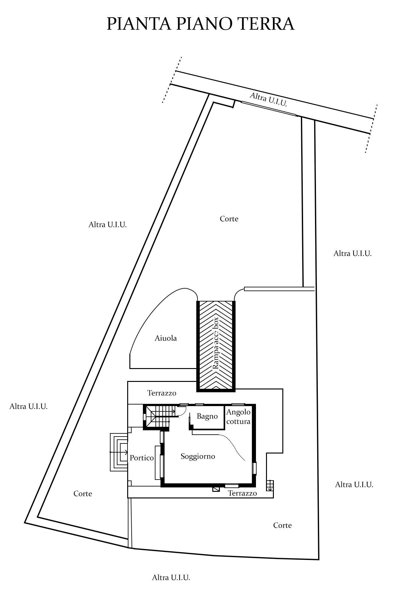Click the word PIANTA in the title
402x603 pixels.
[139, 24]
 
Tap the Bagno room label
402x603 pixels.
[207, 416]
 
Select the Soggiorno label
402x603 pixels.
[198, 456]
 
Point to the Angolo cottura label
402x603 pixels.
[238, 417]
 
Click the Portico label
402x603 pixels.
[142, 458]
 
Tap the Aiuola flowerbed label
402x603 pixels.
[166, 338]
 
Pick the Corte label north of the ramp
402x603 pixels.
[229, 219]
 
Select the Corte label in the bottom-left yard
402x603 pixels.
[83, 494]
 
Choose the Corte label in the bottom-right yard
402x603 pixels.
[282, 525]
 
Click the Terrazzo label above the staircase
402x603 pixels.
[162, 393]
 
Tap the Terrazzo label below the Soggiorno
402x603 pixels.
[242, 493]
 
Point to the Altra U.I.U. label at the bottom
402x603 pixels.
[171, 578]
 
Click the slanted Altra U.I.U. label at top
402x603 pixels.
[269, 100]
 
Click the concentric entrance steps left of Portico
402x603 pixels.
[119, 452]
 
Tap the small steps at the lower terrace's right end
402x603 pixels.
[270, 486]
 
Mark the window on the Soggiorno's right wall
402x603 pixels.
[255, 468]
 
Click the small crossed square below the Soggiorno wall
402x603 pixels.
[216, 489]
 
